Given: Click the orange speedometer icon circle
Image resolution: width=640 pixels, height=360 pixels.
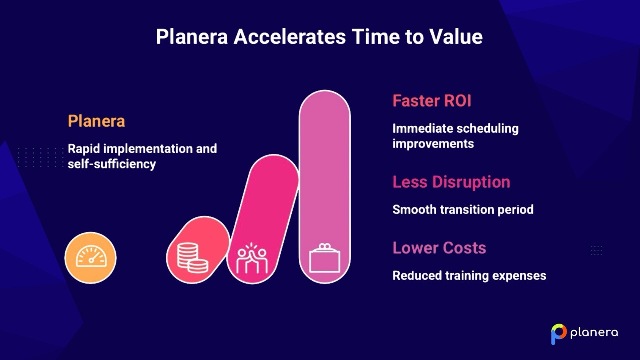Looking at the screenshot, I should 90,258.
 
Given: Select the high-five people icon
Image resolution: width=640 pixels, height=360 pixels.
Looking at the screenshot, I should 252,258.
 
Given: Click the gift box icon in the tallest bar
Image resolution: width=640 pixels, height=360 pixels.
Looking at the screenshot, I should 324,258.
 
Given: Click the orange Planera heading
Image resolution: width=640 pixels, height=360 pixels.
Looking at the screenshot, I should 96,121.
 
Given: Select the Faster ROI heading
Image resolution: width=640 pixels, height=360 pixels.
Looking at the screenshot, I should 432,101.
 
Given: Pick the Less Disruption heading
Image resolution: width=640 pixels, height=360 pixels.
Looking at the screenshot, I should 451,182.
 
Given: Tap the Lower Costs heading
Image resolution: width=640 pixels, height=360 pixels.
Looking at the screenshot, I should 439,248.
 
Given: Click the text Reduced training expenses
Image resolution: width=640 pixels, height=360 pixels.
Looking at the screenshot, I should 469,276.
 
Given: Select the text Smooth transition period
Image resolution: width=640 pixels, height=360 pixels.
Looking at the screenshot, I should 462,209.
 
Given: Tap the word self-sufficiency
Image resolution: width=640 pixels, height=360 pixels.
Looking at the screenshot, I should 112,164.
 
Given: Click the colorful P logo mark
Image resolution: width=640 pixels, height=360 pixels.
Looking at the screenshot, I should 558,334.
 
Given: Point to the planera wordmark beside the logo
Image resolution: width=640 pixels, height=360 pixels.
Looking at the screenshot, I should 594,333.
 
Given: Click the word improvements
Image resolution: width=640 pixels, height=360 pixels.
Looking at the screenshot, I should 433,144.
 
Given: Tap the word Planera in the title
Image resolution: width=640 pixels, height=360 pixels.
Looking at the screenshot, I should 192,37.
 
